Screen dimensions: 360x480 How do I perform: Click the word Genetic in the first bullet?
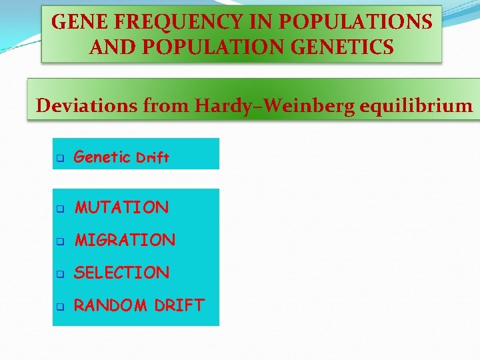[x=102, y=157]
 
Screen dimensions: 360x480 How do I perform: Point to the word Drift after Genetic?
[x=153, y=158]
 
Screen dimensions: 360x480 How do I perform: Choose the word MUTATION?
[x=122, y=207]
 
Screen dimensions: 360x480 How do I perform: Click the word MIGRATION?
[x=125, y=240]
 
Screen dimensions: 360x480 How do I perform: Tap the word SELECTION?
[x=122, y=273]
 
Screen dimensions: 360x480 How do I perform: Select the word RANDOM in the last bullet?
[x=111, y=305]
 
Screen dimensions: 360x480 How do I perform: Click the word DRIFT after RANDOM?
[x=179, y=305]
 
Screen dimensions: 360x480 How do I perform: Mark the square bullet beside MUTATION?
[x=59, y=209]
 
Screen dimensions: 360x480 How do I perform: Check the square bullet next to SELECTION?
[x=59, y=274]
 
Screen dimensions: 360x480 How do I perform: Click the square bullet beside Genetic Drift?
[x=59, y=159]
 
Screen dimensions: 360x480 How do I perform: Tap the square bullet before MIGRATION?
[x=59, y=241]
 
